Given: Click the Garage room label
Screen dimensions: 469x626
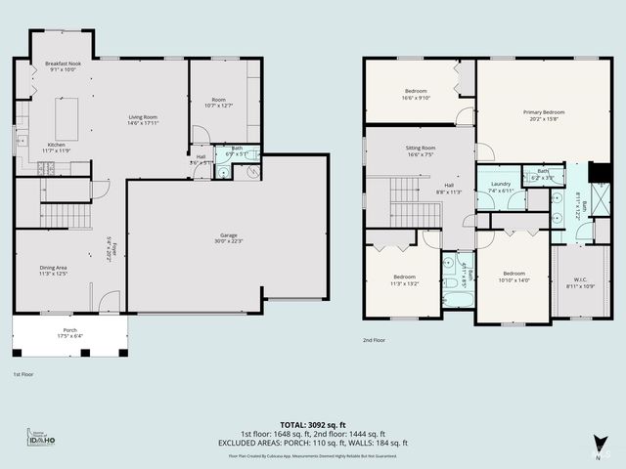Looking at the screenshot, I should [x=228, y=236].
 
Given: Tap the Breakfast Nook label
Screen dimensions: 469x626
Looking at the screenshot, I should [x=63, y=64].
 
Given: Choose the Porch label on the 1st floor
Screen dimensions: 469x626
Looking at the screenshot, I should [x=69, y=330].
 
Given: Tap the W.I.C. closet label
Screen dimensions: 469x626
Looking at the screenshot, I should [x=581, y=281].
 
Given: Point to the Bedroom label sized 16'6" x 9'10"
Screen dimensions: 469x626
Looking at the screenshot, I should [x=416, y=94].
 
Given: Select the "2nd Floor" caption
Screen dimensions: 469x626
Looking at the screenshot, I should [x=375, y=340].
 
